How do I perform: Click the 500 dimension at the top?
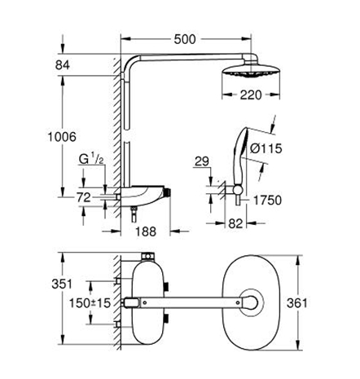(x=185, y=39)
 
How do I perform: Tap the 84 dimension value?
(x=63, y=65)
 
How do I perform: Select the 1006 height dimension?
(x=62, y=137)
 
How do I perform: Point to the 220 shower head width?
(x=251, y=95)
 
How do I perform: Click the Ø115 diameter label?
(x=266, y=148)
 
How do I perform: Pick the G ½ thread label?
(x=91, y=159)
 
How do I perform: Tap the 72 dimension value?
(x=83, y=197)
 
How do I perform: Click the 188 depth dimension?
(x=146, y=231)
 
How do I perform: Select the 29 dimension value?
(x=202, y=161)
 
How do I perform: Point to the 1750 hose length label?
(x=267, y=201)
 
